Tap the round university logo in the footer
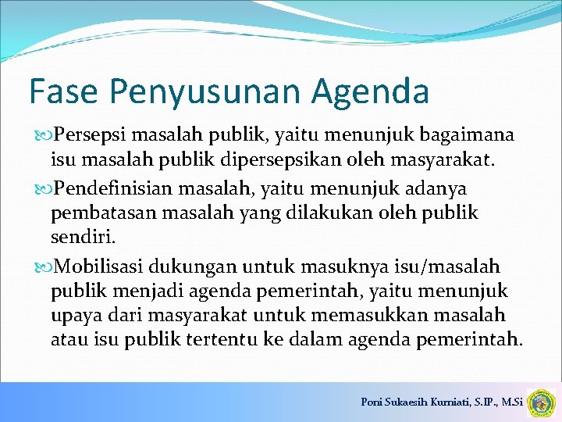point(541,402)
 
